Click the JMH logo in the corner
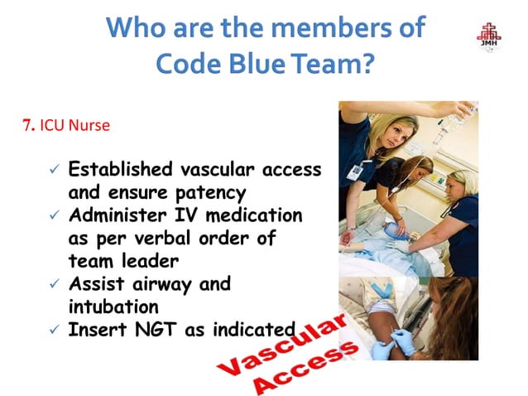point(488,37)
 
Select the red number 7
point(26,126)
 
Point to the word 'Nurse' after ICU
point(91,126)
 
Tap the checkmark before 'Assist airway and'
point(54,284)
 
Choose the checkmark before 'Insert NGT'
point(54,330)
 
